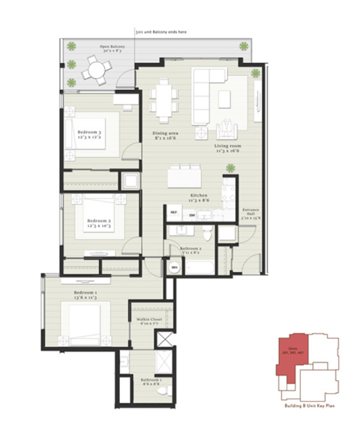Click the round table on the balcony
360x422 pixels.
(95, 70)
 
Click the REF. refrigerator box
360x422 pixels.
(174, 214)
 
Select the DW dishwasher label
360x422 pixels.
(192, 215)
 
